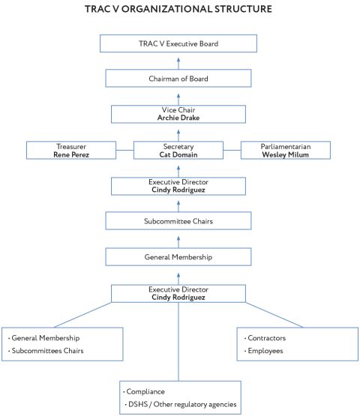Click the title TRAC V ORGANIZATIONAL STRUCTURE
point(179,10)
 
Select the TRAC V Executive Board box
point(178,43)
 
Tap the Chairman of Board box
point(178,78)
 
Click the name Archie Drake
point(178,117)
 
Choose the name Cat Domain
point(178,154)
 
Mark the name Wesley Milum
point(286,154)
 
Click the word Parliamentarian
point(286,146)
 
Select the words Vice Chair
point(178,109)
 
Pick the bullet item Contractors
point(268,338)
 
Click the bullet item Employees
point(266,351)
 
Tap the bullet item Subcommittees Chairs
point(47,351)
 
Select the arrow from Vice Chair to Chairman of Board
point(178,96)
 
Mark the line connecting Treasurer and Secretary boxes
point(124,151)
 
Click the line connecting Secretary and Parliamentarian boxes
point(232,151)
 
